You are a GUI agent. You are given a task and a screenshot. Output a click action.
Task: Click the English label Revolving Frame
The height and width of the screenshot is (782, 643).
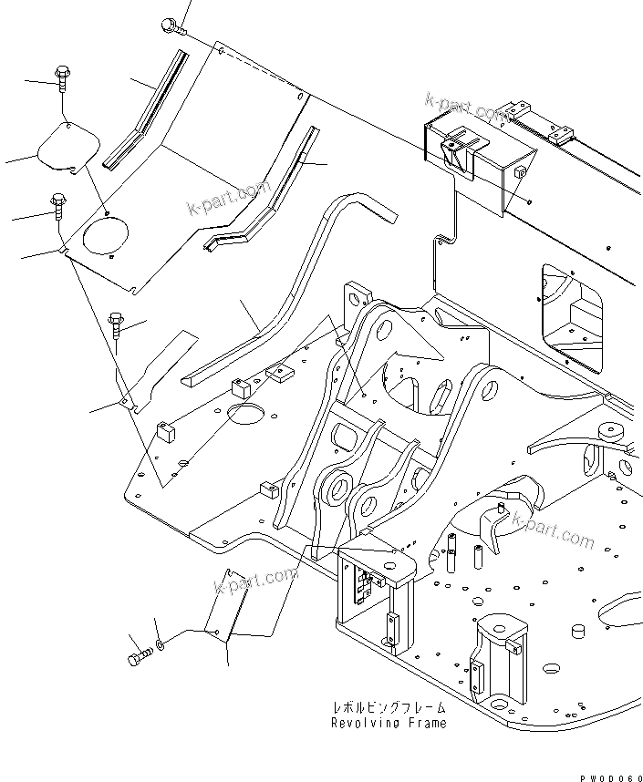pyautogui.click(x=389, y=723)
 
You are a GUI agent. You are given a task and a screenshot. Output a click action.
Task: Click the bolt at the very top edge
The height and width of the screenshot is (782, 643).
pyautogui.click(x=171, y=26)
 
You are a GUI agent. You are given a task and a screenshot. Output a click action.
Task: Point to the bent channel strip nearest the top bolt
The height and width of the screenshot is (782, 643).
pyautogui.click(x=146, y=114)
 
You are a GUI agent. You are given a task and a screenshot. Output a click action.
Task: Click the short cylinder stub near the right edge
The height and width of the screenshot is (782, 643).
pyautogui.click(x=576, y=633)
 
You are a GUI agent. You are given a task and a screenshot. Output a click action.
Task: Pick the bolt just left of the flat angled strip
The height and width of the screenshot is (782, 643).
pyautogui.click(x=117, y=324)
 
